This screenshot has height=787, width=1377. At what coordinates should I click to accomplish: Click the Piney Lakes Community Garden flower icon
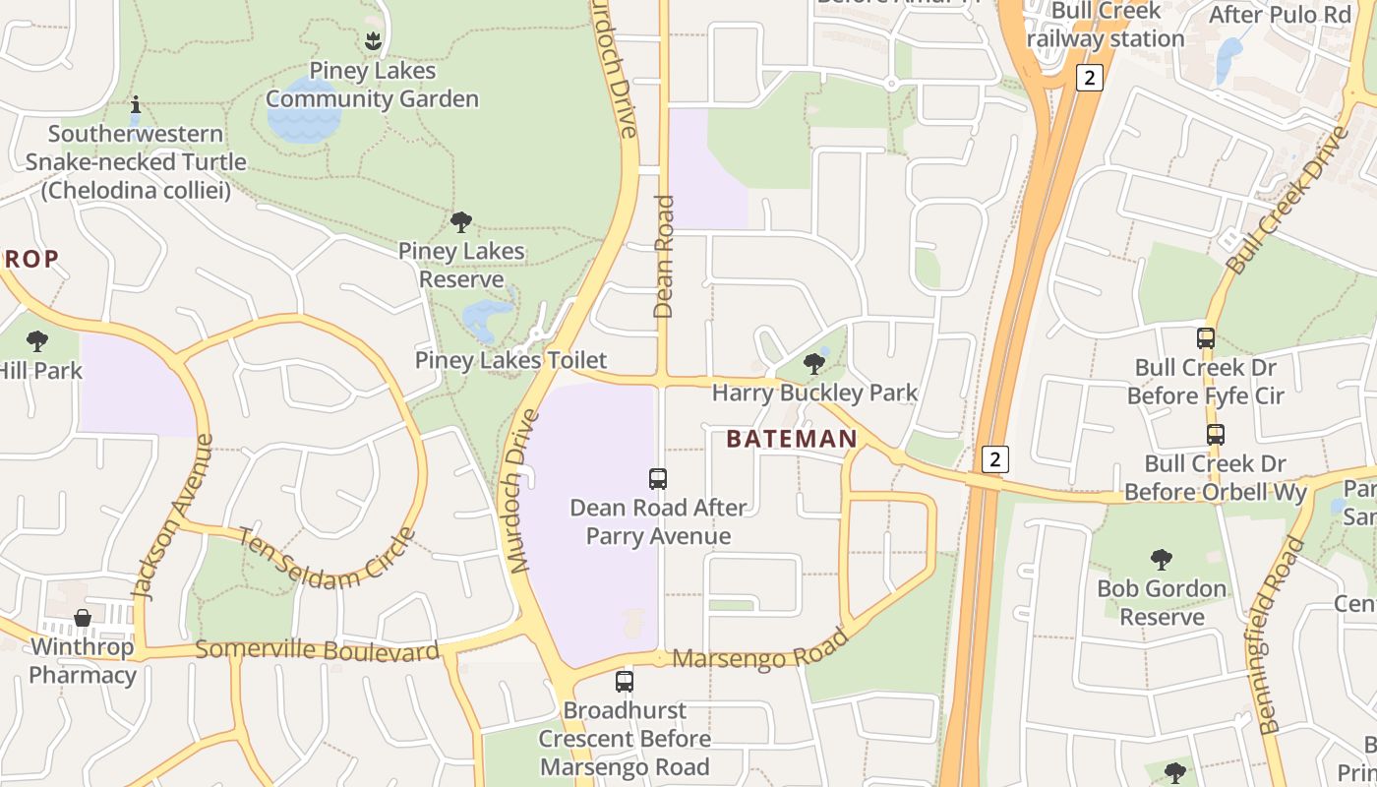(x=373, y=41)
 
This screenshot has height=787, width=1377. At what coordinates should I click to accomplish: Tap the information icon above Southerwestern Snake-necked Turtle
(x=136, y=104)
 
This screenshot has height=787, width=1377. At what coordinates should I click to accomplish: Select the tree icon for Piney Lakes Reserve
(x=460, y=222)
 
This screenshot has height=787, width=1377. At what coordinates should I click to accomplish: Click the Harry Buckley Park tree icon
(x=813, y=364)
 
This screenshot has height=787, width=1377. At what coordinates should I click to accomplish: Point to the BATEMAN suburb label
(x=792, y=439)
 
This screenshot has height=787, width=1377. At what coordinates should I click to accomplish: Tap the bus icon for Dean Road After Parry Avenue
(x=658, y=479)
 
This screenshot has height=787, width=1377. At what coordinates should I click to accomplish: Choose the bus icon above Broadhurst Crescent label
(x=624, y=681)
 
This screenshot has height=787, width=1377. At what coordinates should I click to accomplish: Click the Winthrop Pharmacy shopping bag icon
(x=83, y=618)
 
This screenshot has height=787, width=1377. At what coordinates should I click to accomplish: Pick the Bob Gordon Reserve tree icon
(x=1162, y=560)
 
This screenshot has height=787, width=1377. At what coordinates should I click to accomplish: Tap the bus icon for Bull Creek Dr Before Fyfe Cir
(x=1206, y=338)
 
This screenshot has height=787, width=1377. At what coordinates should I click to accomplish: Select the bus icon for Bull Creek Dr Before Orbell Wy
(x=1216, y=434)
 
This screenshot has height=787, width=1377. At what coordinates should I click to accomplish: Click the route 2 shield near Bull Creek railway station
(x=1089, y=78)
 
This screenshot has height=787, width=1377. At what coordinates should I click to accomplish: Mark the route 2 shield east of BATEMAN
(x=995, y=458)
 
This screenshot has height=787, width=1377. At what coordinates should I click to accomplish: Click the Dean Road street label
(x=664, y=256)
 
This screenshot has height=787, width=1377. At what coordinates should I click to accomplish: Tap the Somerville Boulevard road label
(x=317, y=650)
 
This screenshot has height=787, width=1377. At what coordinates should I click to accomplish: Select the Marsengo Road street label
(x=760, y=648)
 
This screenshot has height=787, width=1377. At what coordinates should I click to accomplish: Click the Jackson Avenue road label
(x=172, y=516)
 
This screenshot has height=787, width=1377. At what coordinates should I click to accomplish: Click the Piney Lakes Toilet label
(x=510, y=360)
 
